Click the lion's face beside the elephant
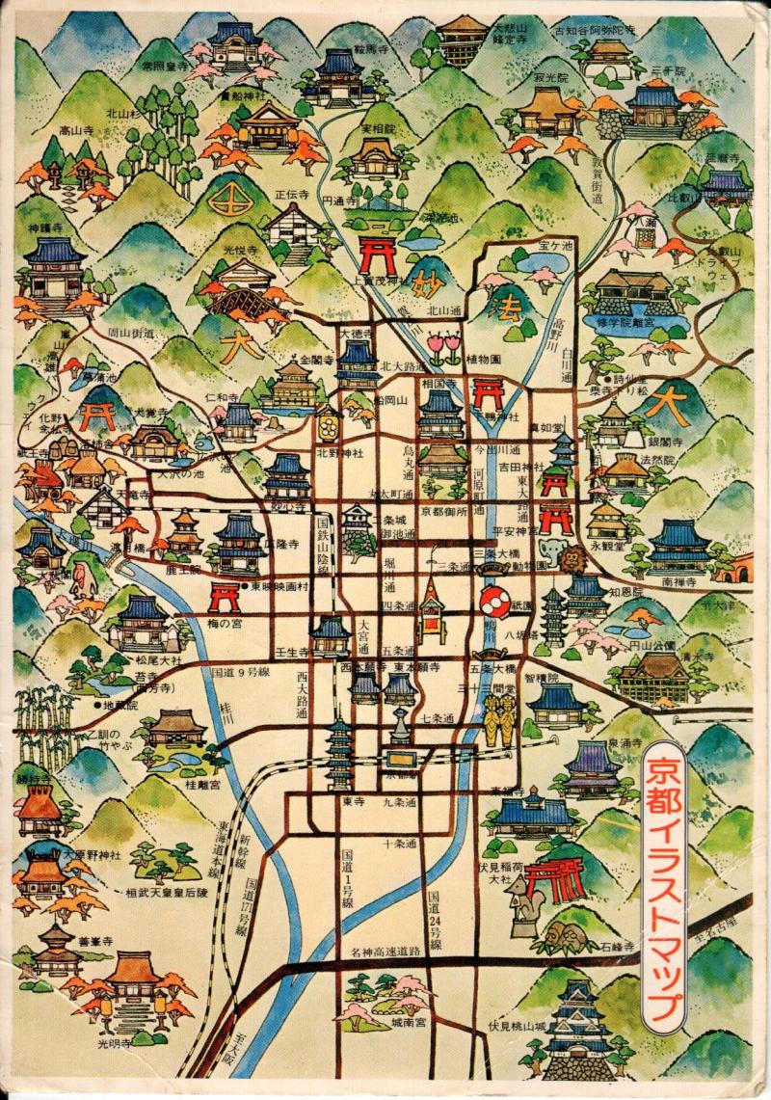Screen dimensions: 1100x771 pos(572,558)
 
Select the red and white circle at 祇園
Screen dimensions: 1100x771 pos(494,604)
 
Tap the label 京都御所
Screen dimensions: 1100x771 pos(444,511)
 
